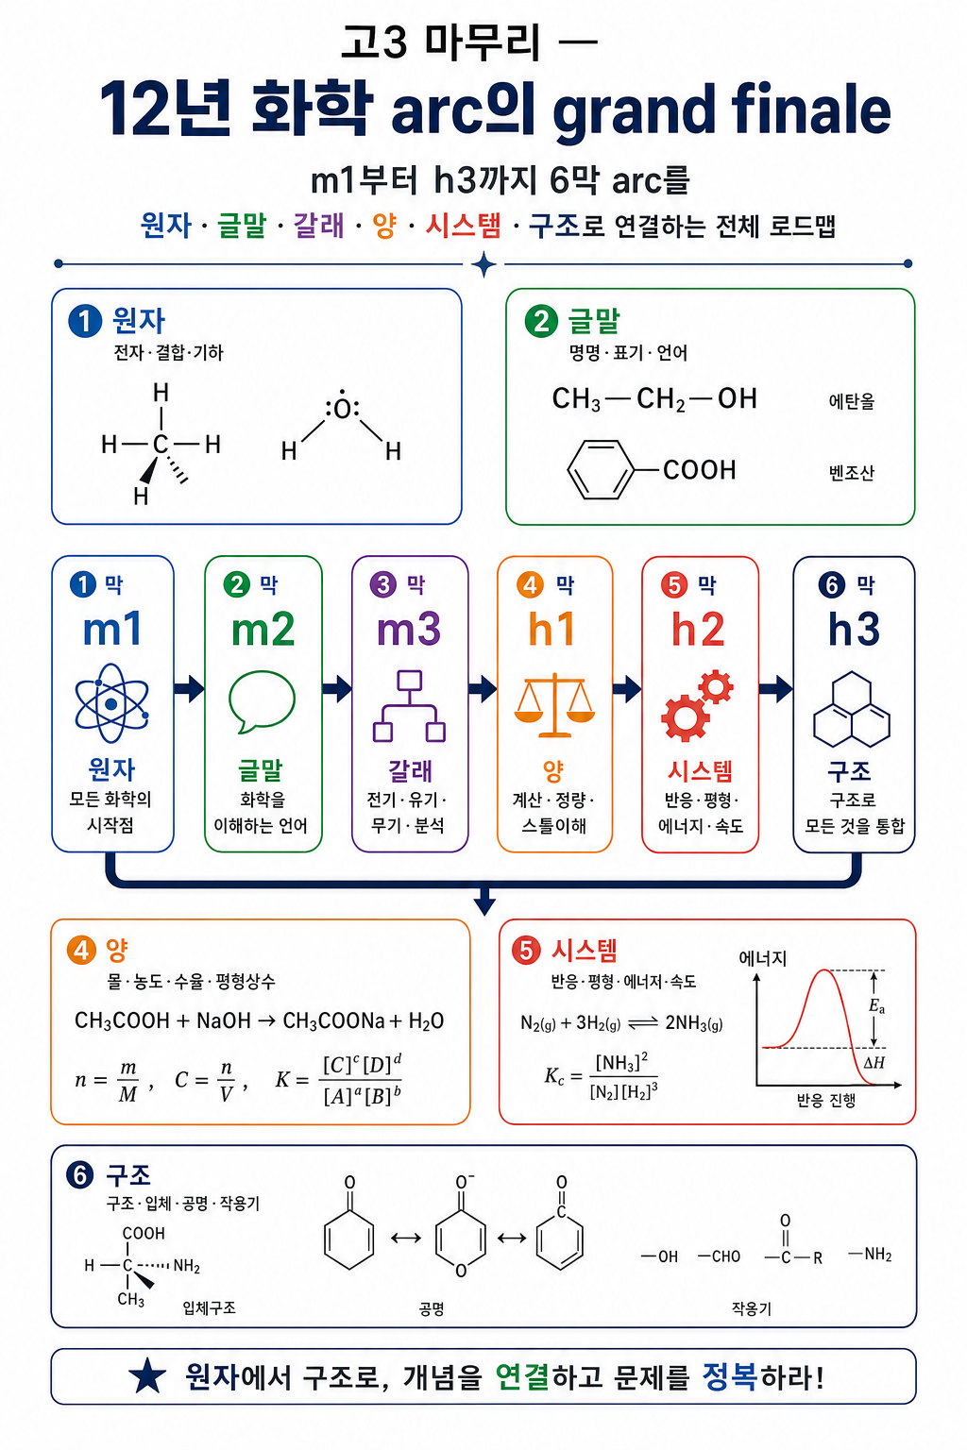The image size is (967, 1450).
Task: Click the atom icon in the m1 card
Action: pyautogui.click(x=111, y=703)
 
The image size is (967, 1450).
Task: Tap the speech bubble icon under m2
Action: pyautogui.click(x=262, y=701)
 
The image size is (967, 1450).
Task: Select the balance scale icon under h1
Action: pyautogui.click(x=554, y=705)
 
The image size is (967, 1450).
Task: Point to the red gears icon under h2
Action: pyautogui.click(x=697, y=705)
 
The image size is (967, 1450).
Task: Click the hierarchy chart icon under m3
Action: pyautogui.click(x=409, y=705)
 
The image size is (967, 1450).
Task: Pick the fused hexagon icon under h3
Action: pyautogui.click(x=852, y=709)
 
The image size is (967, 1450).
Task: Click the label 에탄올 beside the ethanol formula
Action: pyautogui.click(x=851, y=401)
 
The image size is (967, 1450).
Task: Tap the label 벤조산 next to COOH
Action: pyautogui.click(x=851, y=473)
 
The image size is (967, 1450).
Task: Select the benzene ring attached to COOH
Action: pyautogui.click(x=601, y=469)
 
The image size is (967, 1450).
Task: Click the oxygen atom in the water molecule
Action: pyautogui.click(x=342, y=409)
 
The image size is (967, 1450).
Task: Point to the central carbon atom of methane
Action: pyautogui.click(x=160, y=444)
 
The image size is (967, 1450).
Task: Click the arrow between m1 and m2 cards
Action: pyautogui.click(x=189, y=688)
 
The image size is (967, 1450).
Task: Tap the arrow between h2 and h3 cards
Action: pyautogui.click(x=776, y=688)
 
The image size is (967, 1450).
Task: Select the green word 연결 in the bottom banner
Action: pyautogui.click(x=522, y=1376)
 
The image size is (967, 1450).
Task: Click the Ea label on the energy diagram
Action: pyautogui.click(x=876, y=1006)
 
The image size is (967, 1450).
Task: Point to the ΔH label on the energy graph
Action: pyautogui.click(x=874, y=1062)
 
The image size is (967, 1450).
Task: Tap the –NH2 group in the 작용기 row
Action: pyautogui.click(x=870, y=1255)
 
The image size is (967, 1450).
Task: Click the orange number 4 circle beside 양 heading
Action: pyautogui.click(x=81, y=951)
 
